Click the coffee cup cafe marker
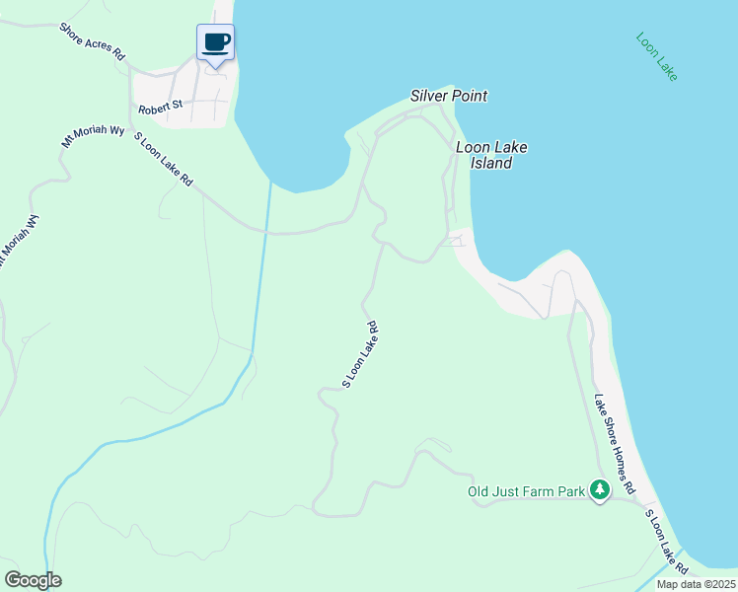coord(215,42)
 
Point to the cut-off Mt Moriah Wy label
coord(18,240)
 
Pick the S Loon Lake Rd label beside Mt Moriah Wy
coord(163,161)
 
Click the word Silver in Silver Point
coord(430,97)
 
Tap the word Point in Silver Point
coord(471,97)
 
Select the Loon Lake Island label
coord(491,155)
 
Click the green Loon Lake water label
coord(656,57)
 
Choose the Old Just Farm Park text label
coord(526,490)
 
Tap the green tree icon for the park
coord(599,489)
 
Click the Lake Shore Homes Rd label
coord(615,445)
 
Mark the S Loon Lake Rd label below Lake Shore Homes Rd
coord(667,542)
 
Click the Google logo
coord(33,580)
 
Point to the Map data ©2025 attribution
coord(695,584)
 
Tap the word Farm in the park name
coord(546,490)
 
